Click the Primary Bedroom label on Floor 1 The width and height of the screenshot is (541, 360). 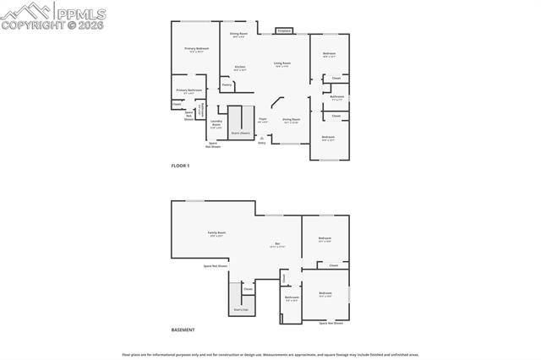point(196,49)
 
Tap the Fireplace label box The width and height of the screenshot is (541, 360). point(284,31)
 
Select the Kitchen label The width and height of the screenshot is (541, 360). point(240,67)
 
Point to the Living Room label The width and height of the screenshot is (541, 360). point(282,63)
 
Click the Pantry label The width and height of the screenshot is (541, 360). point(227,85)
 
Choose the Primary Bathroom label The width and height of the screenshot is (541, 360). point(189,90)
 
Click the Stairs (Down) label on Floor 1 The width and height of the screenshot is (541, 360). point(240,133)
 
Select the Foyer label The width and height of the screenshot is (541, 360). point(263,120)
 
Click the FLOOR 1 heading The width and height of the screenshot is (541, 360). point(180,166)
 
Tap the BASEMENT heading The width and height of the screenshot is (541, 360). point(183,330)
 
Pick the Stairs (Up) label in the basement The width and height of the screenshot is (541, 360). point(241,309)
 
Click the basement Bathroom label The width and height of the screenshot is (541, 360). point(292,297)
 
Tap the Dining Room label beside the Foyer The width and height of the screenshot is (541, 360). point(291,120)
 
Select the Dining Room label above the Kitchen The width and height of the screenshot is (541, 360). point(238,34)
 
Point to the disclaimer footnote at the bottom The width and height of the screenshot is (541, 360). point(270,354)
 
